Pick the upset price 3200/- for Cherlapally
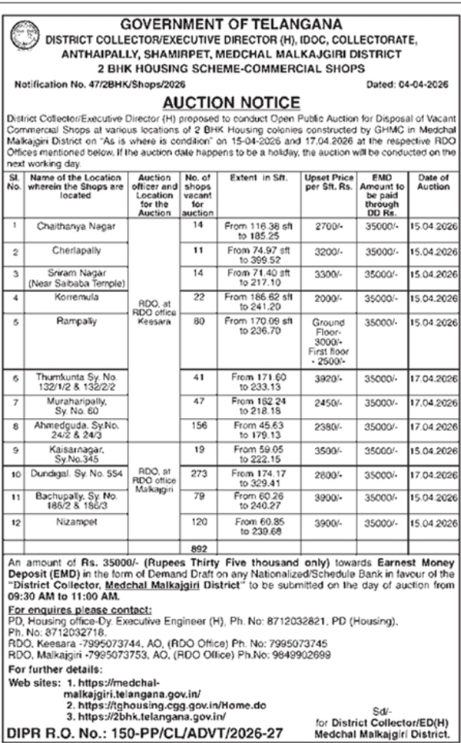point(326,251)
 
